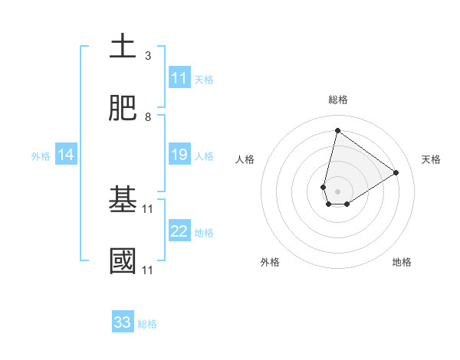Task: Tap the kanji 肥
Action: click(123, 109)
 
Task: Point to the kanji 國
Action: click(123, 261)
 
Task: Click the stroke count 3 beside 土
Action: click(148, 56)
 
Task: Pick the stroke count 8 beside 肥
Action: click(148, 117)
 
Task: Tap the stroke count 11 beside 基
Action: click(149, 208)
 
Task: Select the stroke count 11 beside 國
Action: click(149, 270)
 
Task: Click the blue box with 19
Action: click(179, 155)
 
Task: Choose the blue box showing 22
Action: click(179, 231)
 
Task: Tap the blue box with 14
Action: click(66, 155)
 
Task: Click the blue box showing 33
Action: click(123, 322)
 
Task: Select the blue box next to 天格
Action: click(179, 78)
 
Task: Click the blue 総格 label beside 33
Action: click(147, 324)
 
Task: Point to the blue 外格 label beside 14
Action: click(41, 156)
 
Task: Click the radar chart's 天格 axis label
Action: click(431, 159)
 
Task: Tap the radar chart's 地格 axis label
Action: click(402, 263)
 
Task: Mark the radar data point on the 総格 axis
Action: click(337, 130)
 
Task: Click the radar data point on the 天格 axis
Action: click(396, 172)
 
